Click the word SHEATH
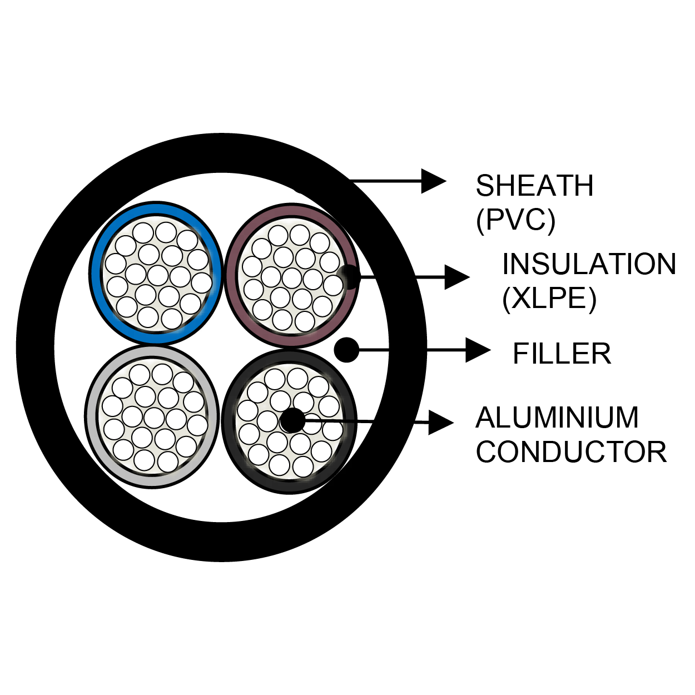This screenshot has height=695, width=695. point(534,186)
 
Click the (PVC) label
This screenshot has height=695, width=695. point(515,220)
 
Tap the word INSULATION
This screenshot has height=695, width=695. point(589,264)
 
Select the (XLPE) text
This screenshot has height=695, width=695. point(549,299)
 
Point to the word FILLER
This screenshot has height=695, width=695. point(562,354)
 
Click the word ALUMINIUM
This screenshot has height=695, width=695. point(557,418)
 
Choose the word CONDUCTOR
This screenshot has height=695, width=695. point(571,452)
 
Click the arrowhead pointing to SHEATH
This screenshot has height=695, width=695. point(433,181)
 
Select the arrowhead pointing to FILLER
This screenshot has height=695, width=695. point(478,350)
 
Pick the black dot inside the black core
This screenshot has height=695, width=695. point(292,421)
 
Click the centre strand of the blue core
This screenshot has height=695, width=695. point(158,275)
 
